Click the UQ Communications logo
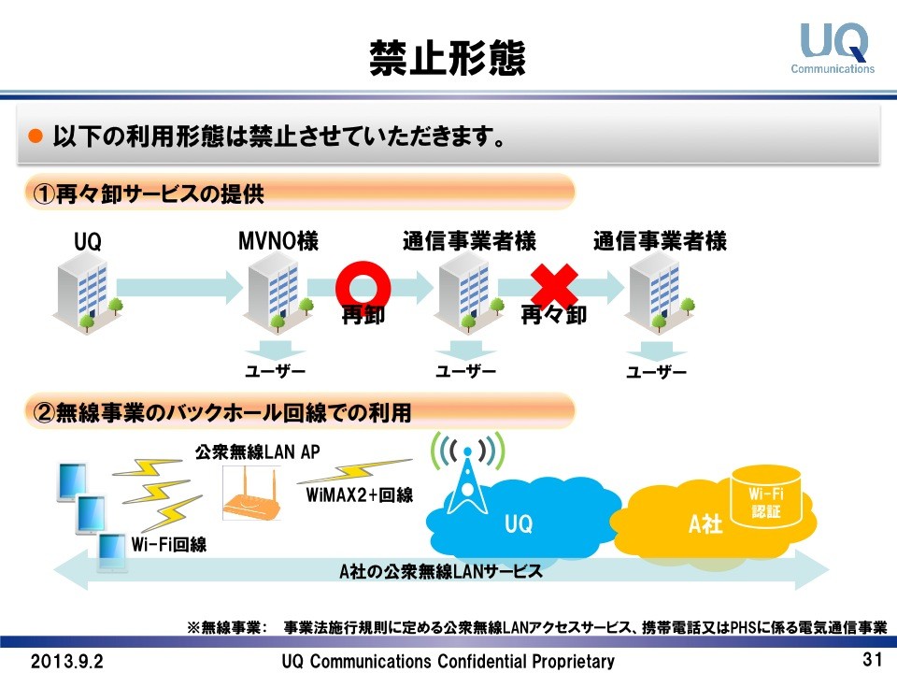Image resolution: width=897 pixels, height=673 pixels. (833, 48)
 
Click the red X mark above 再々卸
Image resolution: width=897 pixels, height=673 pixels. (553, 283)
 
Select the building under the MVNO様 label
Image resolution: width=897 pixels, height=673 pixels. (275, 291)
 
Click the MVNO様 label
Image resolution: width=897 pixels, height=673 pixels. (278, 242)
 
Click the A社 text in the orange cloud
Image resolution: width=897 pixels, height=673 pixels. (705, 524)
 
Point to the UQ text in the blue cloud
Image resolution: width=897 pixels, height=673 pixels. (519, 524)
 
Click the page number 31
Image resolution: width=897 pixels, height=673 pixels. (872, 659)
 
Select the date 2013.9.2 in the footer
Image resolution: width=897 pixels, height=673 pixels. (67, 661)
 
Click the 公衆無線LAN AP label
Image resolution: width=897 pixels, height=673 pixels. (257, 452)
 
